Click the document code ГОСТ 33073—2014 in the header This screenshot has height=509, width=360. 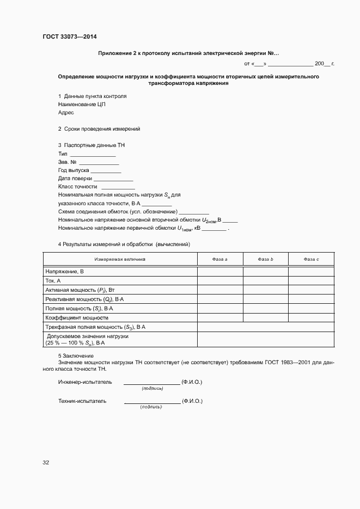tap(70, 36)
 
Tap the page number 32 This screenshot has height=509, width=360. tap(46, 463)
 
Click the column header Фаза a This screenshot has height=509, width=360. tap(219, 260)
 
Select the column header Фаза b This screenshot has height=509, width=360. tap(265, 260)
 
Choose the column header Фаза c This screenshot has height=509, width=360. tap(311, 260)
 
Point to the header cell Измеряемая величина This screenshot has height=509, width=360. tap(120, 260)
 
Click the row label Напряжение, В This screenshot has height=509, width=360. tap(64, 271)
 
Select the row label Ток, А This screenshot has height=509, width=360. tap(53, 280)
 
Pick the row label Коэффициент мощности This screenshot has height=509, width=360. tap(77, 317)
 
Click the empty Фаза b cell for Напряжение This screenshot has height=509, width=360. tap(265, 271)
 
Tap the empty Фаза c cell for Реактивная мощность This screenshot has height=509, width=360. tap(311, 299)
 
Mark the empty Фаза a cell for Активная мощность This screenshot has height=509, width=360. tap(219, 290)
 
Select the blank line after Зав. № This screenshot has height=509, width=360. tap(99, 164)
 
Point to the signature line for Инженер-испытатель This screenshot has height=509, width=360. tap(151, 384)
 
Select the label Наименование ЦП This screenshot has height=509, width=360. tap(78, 104)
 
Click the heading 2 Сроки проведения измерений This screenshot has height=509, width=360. tap(99, 129)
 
